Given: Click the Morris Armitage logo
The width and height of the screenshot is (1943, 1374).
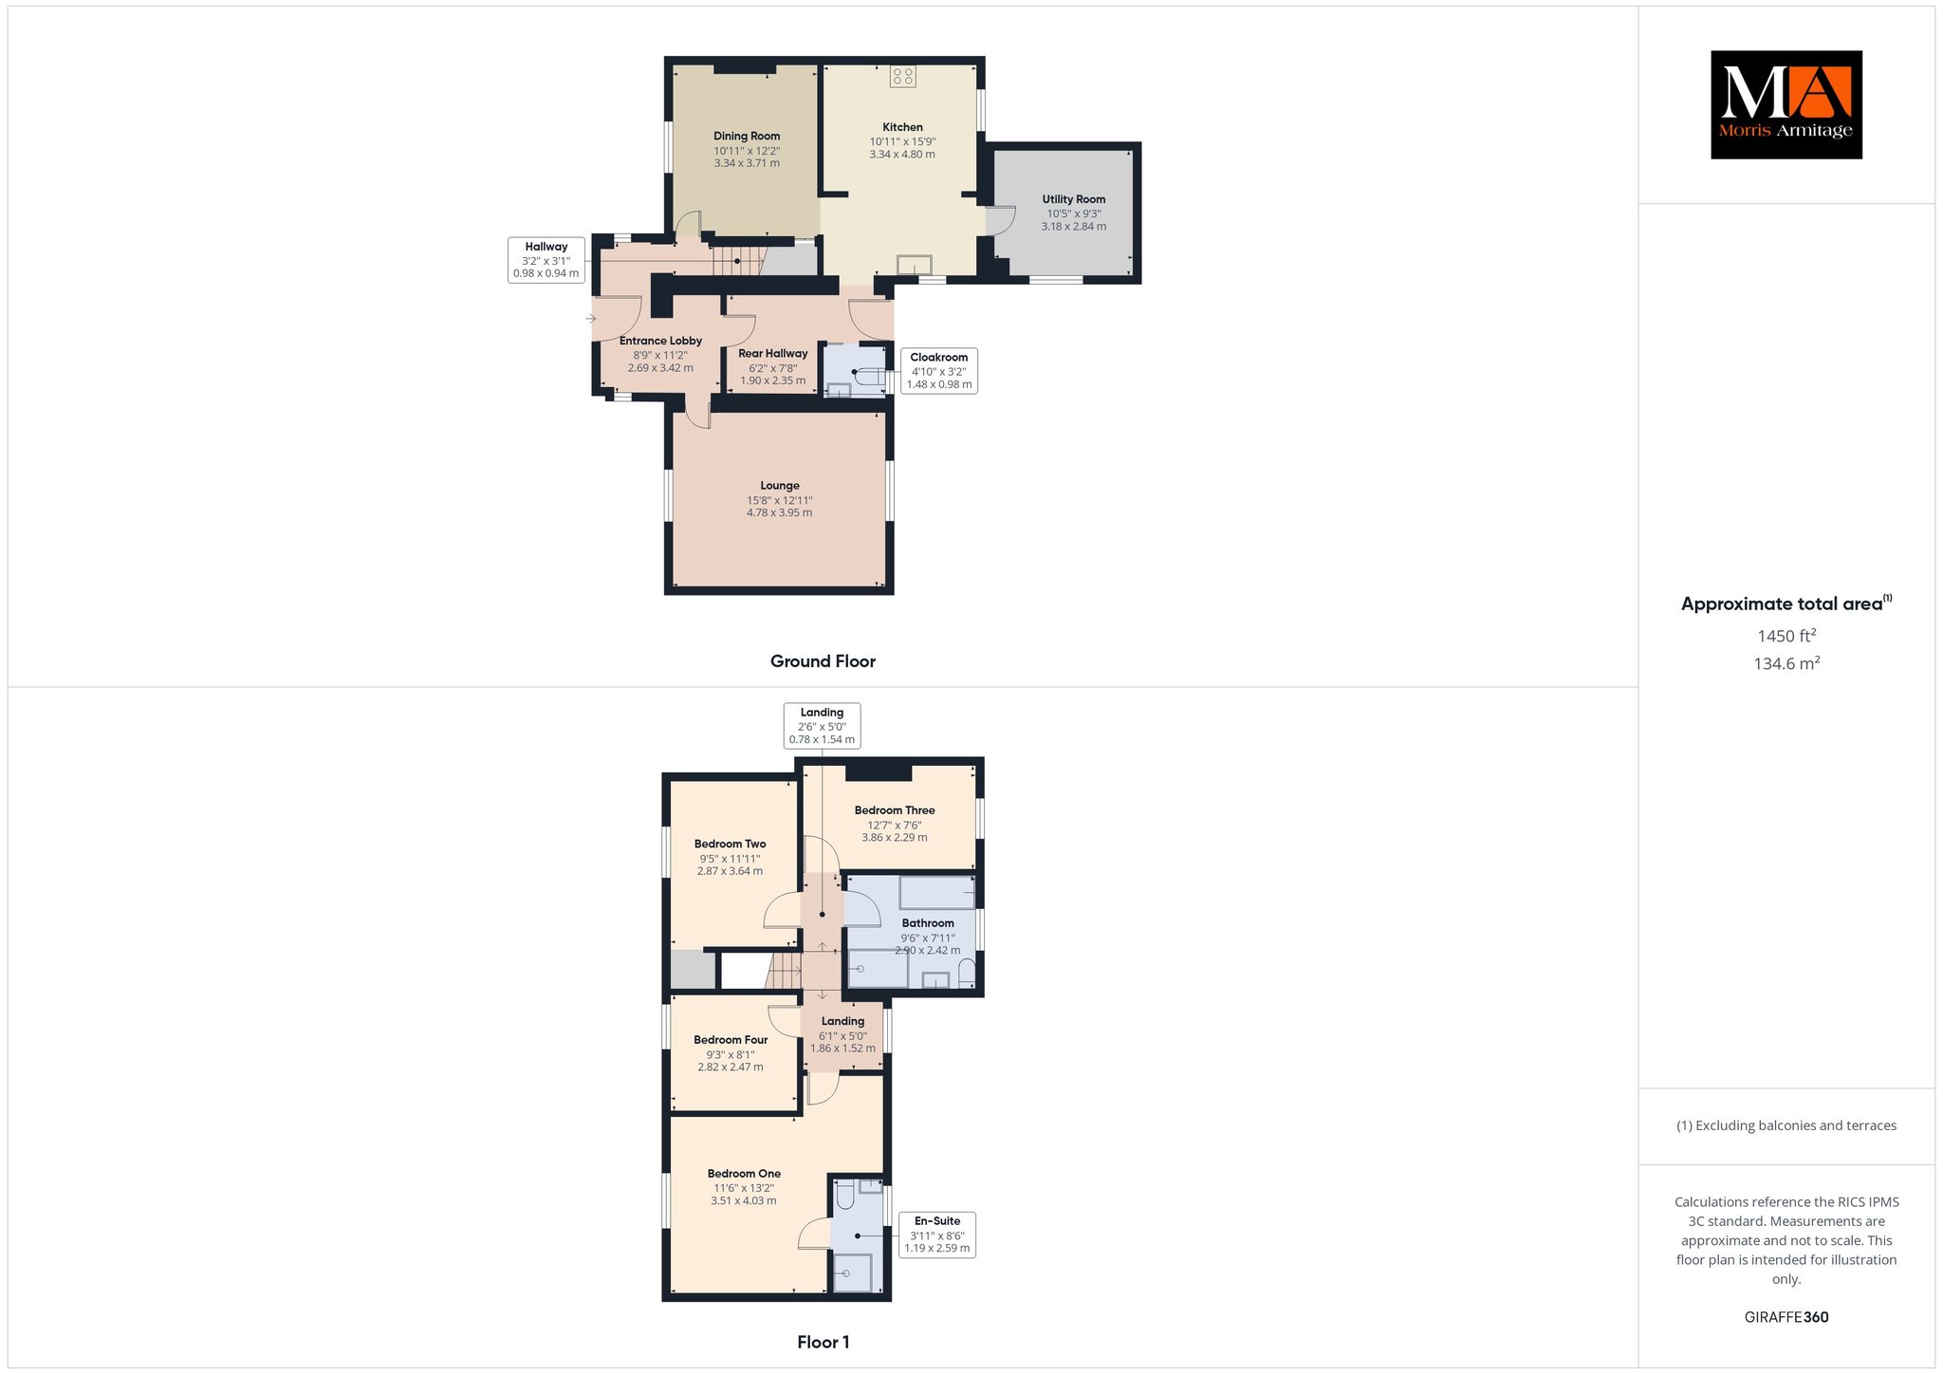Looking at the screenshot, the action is pyautogui.click(x=1786, y=104).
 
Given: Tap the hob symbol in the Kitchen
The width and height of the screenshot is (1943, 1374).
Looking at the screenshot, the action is pyautogui.click(x=903, y=77).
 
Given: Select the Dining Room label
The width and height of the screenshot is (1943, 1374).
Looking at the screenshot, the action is pyautogui.click(x=747, y=136).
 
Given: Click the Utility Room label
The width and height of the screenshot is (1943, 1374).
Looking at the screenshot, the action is pyautogui.click(x=1074, y=199).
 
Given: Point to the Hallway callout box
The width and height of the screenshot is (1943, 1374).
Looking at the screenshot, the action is pyautogui.click(x=546, y=260).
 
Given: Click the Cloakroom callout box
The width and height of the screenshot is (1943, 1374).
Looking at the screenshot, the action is pyautogui.click(x=939, y=371).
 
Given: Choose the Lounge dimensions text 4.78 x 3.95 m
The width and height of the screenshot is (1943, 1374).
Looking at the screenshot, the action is pyautogui.click(x=779, y=513).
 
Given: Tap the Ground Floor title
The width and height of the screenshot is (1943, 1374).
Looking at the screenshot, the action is pyautogui.click(x=823, y=661).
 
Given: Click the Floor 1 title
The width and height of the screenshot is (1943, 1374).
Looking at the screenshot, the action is pyautogui.click(x=823, y=1342).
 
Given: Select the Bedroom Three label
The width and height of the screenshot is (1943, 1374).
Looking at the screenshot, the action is pyautogui.click(x=895, y=810).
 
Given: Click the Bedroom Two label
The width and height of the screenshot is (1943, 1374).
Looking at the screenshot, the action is pyautogui.click(x=730, y=844).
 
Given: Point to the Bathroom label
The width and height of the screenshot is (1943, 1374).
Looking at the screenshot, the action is pyautogui.click(x=928, y=923).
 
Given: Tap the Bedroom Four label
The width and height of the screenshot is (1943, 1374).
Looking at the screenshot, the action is pyautogui.click(x=731, y=1040).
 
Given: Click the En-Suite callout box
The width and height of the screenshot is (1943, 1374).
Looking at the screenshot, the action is pyautogui.click(x=937, y=1235).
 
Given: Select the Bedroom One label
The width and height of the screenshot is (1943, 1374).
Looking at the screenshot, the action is pyautogui.click(x=744, y=1174).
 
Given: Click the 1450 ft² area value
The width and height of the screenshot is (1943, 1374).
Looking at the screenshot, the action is pyautogui.click(x=1786, y=636).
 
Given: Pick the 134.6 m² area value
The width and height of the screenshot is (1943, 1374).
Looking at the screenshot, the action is pyautogui.click(x=1786, y=663).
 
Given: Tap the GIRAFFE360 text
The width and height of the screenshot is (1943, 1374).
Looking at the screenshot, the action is pyautogui.click(x=1786, y=1317).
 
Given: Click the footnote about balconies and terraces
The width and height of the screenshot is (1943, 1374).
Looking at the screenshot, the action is pyautogui.click(x=1786, y=1125).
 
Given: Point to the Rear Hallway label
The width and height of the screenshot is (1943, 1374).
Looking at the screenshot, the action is pyautogui.click(x=773, y=354).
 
